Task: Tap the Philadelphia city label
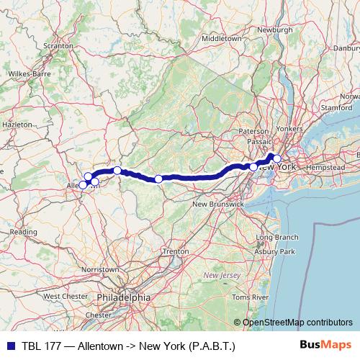pyautogui.click(x=127, y=297)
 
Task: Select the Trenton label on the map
pyautogui.click(x=176, y=251)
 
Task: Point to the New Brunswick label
pyautogui.click(x=217, y=204)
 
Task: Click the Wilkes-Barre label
pyautogui.click(x=29, y=73)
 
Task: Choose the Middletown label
pyautogui.click(x=223, y=37)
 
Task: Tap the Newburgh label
pyautogui.click(x=275, y=30)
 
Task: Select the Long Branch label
pyautogui.click(x=276, y=237)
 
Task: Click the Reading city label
pyautogui.click(x=23, y=232)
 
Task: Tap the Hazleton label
pyautogui.click(x=18, y=124)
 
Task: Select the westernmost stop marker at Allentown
pyautogui.click(x=83, y=185)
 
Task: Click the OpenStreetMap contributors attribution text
pyautogui.click(x=297, y=323)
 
